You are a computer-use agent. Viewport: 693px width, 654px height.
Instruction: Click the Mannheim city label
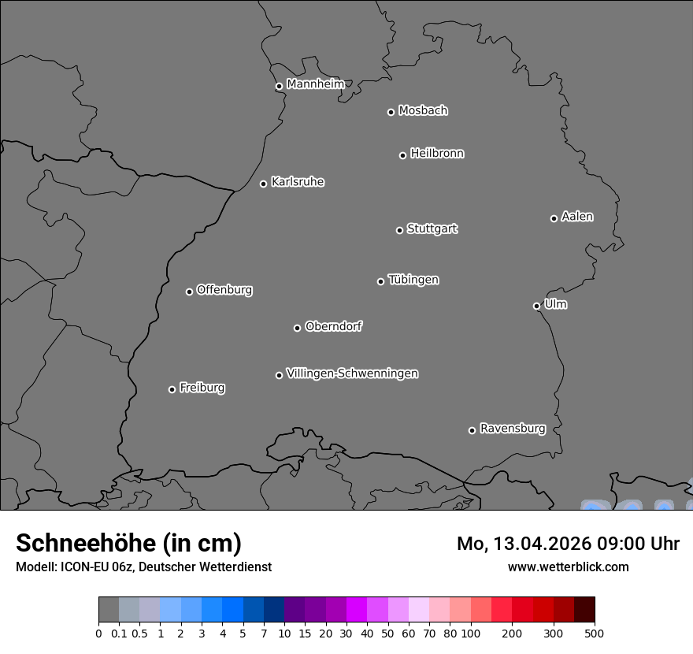315,84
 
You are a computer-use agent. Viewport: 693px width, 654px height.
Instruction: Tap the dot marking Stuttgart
399,230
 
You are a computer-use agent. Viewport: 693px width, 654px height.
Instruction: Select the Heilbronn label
437,154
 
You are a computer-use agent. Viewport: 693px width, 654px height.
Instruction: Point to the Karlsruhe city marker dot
263,184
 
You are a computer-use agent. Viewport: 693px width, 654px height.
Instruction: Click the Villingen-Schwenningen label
352,373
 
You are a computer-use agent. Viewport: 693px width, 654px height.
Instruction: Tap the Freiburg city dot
172,389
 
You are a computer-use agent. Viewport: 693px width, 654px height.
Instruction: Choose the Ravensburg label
513,429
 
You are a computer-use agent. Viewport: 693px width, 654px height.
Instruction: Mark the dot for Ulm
536,306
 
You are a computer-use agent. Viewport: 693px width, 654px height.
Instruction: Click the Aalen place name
577,217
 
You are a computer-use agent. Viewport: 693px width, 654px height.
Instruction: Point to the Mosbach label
423,111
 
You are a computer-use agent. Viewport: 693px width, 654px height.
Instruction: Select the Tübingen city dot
380,281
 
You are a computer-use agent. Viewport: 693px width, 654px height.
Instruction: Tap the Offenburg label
224,290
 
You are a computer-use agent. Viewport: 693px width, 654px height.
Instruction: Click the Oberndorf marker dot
297,328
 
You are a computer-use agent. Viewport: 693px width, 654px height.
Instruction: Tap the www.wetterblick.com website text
568,567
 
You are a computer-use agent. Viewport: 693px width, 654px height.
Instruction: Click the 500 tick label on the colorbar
594,633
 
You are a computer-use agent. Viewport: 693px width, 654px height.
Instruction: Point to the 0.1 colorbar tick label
119,633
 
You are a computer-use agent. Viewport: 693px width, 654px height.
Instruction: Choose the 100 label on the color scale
470,633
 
